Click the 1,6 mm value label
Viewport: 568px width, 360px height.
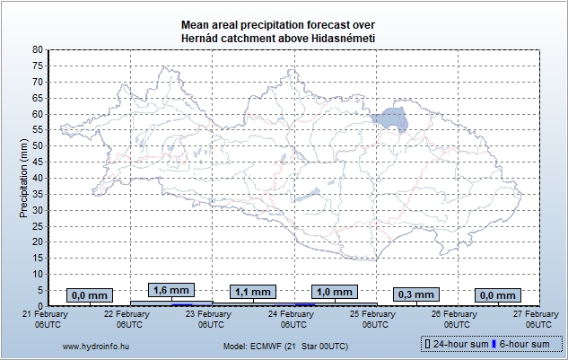click(170, 290)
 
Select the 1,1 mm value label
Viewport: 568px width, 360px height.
click(251, 292)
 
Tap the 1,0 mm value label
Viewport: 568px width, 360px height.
click(335, 292)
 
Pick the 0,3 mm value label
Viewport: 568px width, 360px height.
click(415, 294)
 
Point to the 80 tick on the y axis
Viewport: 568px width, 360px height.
click(36, 49)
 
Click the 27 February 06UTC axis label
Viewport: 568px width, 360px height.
click(537, 319)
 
